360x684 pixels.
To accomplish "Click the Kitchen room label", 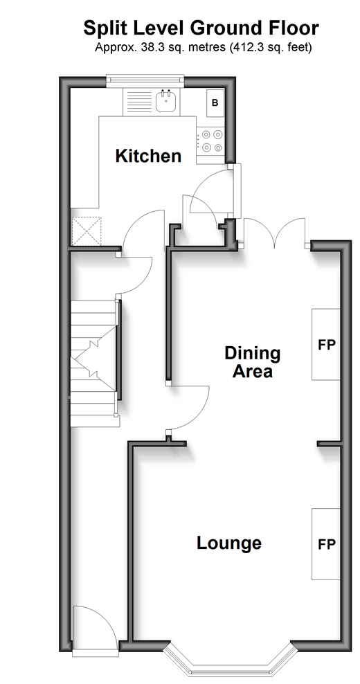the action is coord(148,156).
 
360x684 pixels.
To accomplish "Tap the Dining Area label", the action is coord(252,361).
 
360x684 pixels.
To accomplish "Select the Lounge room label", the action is coord(229,543).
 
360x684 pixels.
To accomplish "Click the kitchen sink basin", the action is coord(166,101).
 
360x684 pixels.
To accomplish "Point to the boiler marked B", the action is coord(215,103).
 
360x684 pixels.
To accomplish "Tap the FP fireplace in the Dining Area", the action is coord(326,345).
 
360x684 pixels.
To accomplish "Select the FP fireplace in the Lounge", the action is coord(326,544).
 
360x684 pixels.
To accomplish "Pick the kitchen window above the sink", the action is coord(146,79).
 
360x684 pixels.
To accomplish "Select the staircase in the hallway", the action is coord(94,363).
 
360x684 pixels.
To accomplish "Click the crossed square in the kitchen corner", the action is coord(86,231).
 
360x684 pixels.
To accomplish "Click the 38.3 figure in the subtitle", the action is coord(150,47).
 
